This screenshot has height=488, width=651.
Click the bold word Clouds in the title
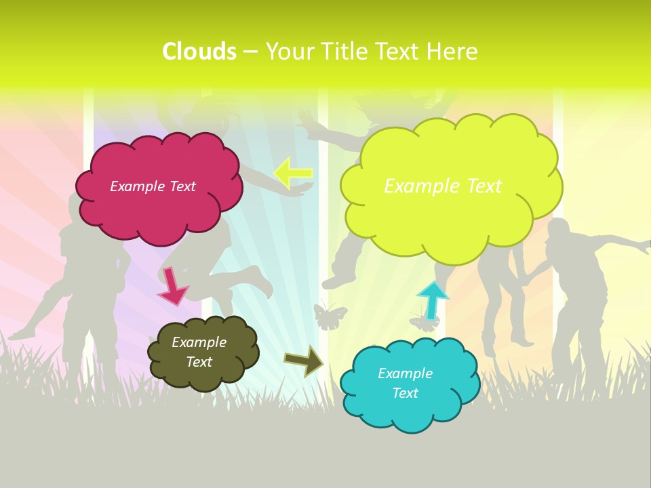pos(199,52)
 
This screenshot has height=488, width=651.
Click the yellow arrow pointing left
pos(294,174)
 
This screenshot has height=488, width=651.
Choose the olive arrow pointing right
pos(304,361)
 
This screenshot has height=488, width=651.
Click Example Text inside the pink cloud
pos(153,186)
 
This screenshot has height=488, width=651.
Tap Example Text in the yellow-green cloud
pos(443,186)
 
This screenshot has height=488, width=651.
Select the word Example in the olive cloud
pos(199,342)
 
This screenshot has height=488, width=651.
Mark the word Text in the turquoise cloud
pos(405,393)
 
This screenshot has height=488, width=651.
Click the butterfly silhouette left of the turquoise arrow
pos(330,316)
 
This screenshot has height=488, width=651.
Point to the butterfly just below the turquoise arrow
pos(425,324)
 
